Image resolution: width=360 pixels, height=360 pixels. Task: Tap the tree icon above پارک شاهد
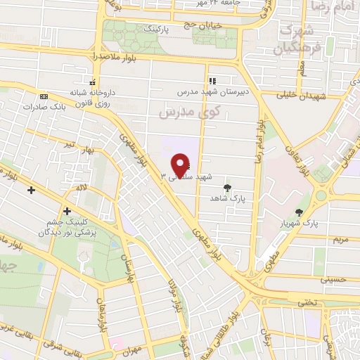[x=226, y=187]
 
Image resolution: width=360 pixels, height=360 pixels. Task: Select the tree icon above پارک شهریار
[x=300, y=212]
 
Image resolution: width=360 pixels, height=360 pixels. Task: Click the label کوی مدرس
[x=189, y=111]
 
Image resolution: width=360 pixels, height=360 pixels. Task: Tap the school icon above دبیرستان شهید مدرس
[x=212, y=82]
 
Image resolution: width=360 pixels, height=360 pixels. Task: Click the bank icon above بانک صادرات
[x=44, y=96]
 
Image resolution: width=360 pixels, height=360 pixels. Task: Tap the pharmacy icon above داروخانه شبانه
[x=92, y=81]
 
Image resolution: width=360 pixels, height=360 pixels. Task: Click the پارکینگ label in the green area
[x=157, y=31]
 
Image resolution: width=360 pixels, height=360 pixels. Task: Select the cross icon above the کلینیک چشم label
[x=67, y=210]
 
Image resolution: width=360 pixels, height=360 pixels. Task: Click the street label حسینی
[x=333, y=278]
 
